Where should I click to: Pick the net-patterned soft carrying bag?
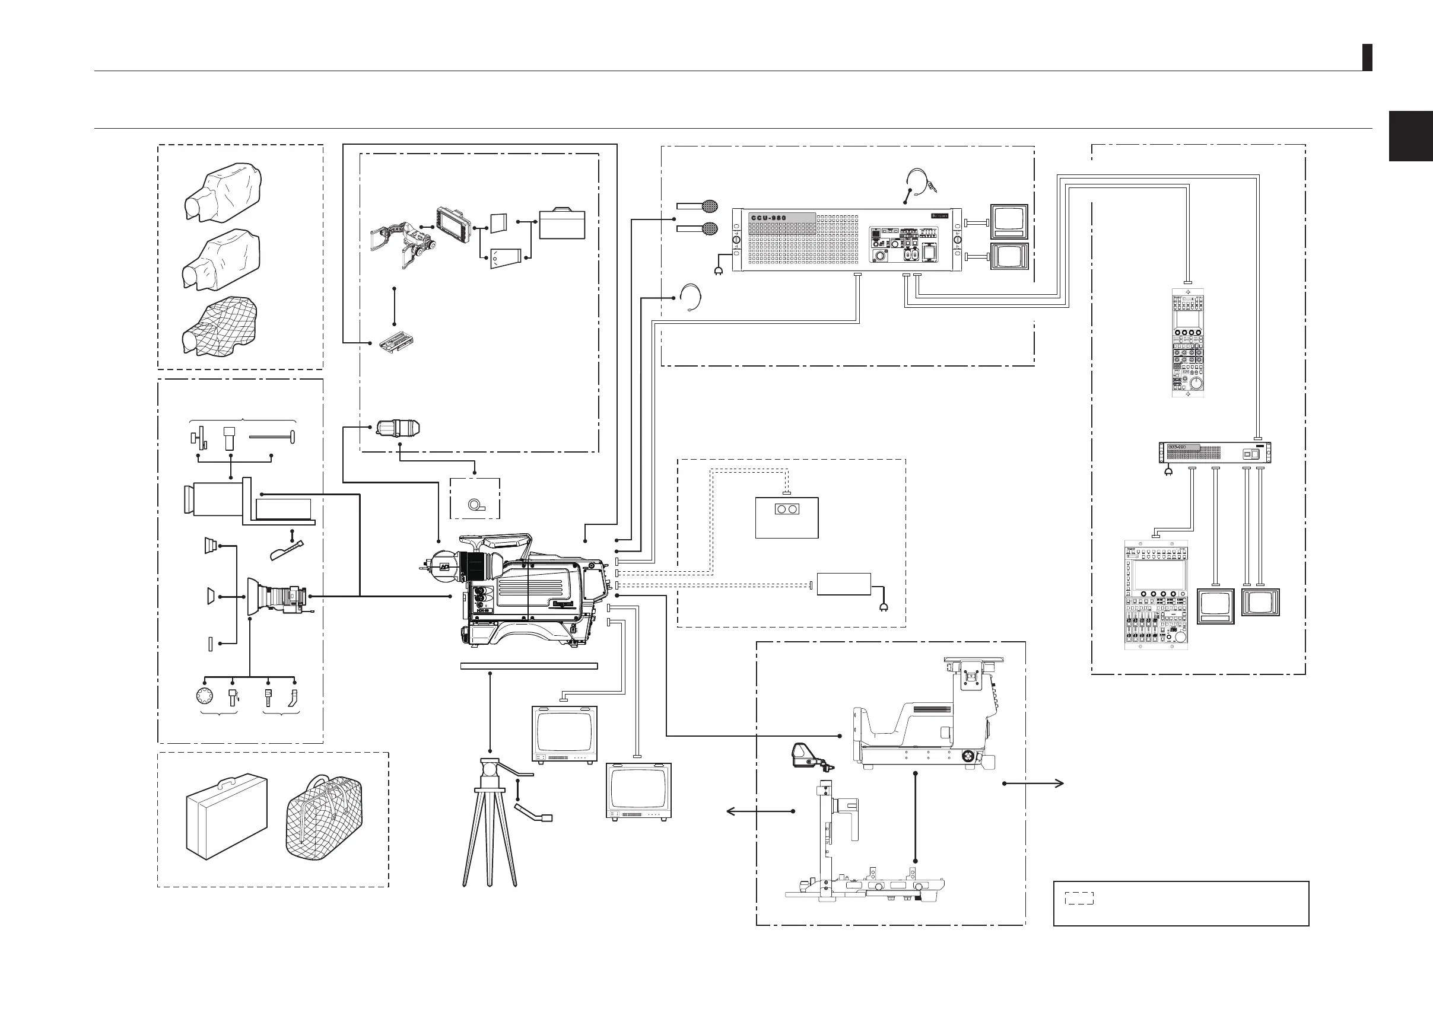tap(324, 816)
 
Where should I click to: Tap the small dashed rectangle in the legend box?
tap(1079, 898)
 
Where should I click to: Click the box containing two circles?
tap(786, 517)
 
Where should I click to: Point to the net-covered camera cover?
tap(219, 326)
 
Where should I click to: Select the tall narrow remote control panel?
tap(1187, 342)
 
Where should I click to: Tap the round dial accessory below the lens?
tap(205, 697)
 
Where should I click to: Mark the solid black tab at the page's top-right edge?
tap(1367, 58)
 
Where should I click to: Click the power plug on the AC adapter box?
tap(884, 607)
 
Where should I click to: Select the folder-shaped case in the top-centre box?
tap(562, 224)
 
